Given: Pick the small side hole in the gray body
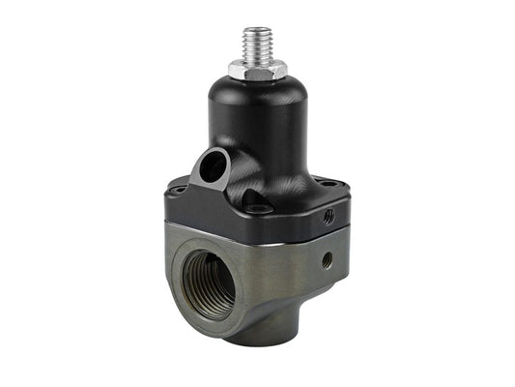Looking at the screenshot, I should point(328,259).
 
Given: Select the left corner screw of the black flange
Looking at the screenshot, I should point(180,192).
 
